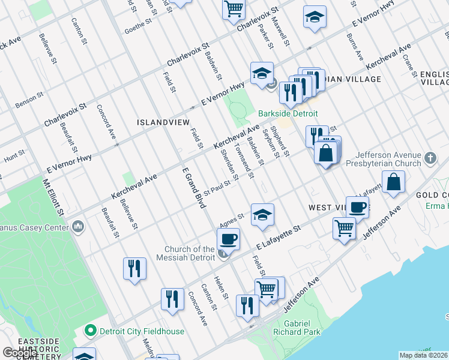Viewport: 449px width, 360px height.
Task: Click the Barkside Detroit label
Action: pyautogui.click(x=288, y=113)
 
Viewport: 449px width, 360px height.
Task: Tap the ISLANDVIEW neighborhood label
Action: pyautogui.click(x=161, y=122)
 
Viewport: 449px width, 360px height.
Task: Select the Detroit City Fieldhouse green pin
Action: pyautogui.click(x=91, y=330)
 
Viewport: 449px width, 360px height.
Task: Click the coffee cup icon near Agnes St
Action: pyautogui.click(x=228, y=239)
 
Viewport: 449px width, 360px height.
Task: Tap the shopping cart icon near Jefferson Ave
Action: pyautogui.click(x=345, y=228)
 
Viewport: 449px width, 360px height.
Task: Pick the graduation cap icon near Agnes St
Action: pyautogui.click(x=262, y=215)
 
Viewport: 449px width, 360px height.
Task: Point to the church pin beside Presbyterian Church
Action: pyautogui.click(x=429, y=158)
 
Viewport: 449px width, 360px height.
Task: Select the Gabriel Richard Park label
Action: pyautogui.click(x=298, y=327)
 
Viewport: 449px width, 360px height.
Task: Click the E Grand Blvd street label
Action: pyautogui.click(x=194, y=188)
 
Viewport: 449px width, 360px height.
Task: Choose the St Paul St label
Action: pyautogui.click(x=217, y=188)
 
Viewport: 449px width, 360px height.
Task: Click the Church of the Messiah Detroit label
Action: pyautogui.click(x=190, y=253)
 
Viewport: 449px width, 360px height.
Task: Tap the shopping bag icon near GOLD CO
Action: pyautogui.click(x=393, y=182)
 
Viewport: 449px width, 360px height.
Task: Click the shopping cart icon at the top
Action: pyautogui.click(x=234, y=9)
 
